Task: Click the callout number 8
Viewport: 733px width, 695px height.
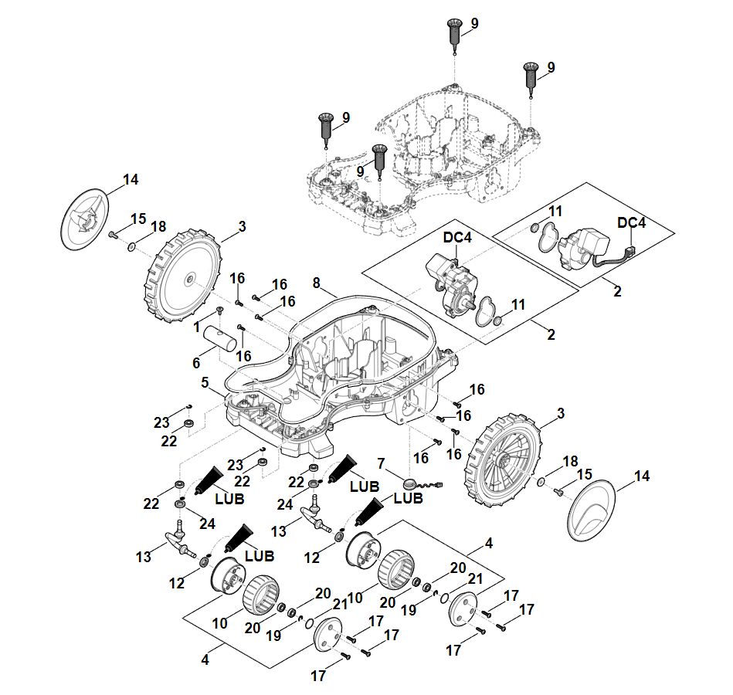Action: click(x=315, y=283)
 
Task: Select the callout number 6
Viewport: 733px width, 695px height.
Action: click(x=196, y=362)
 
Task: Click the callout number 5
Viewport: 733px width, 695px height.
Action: click(x=205, y=382)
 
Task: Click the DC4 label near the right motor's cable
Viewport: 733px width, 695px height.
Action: click(x=632, y=222)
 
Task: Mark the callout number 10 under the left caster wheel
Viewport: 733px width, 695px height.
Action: click(x=220, y=622)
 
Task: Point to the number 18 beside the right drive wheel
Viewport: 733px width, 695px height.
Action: click(x=570, y=461)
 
